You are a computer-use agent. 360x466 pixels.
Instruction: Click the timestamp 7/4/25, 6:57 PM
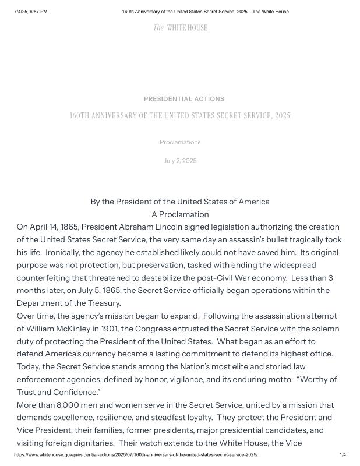click(30, 12)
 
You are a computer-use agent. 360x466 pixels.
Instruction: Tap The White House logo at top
click(180, 28)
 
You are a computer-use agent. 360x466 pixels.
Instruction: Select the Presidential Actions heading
click(183, 99)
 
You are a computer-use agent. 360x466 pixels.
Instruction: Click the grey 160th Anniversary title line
click(179, 115)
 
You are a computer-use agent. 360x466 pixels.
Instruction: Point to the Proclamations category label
click(180, 142)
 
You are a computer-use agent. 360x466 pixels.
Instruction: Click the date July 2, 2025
click(180, 161)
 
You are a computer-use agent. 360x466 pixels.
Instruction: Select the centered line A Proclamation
click(180, 214)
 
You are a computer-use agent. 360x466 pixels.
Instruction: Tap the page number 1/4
click(343, 455)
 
